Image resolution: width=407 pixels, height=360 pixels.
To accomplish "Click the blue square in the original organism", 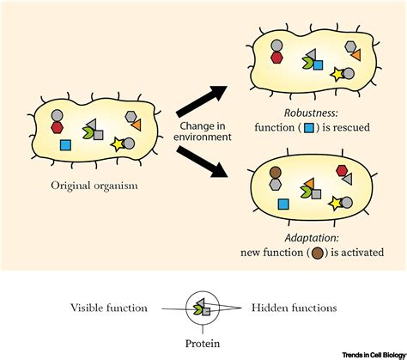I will pos(65,146).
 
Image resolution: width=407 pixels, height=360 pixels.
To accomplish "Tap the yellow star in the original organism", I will pos(119,143).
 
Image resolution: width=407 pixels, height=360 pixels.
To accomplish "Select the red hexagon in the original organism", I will pos(58,127).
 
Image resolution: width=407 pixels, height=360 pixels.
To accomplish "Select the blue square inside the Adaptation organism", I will pos(284,204).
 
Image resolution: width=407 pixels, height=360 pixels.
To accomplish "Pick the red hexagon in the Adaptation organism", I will pos(340,170).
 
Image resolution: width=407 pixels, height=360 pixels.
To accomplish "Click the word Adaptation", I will pos(320,237).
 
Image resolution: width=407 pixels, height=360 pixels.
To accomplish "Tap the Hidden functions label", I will pos(295,306).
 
